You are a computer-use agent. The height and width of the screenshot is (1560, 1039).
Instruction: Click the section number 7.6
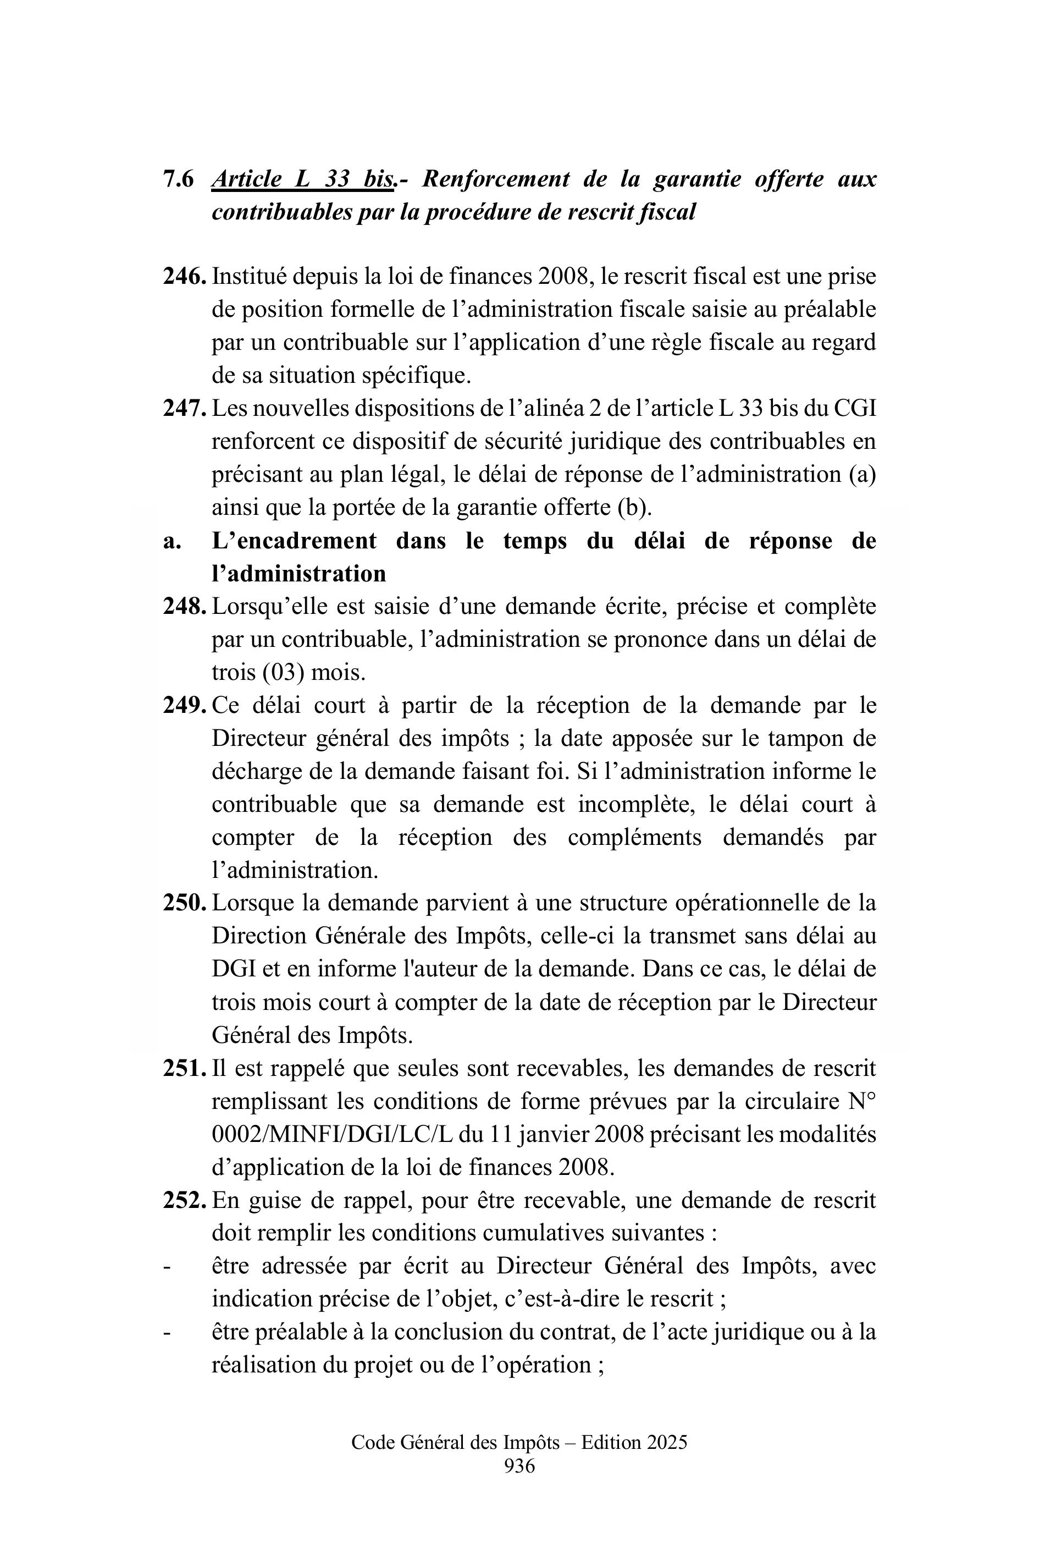pos(178,179)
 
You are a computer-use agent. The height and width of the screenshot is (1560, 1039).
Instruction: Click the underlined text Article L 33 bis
pos(302,179)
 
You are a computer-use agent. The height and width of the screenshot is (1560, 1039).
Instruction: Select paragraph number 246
pos(185,277)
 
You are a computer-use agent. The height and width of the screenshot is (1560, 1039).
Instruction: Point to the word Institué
pos(248,277)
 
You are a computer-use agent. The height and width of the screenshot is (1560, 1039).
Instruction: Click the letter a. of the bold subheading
pos(172,541)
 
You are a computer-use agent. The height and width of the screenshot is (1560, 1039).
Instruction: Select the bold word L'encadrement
pos(294,541)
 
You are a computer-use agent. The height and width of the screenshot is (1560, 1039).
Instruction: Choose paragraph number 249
pos(185,705)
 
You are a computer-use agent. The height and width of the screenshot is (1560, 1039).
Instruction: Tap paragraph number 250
pos(185,903)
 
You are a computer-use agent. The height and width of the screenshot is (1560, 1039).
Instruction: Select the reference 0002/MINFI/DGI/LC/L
pos(331,1134)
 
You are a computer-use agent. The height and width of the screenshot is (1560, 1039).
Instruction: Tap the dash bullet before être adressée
pos(167,1266)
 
